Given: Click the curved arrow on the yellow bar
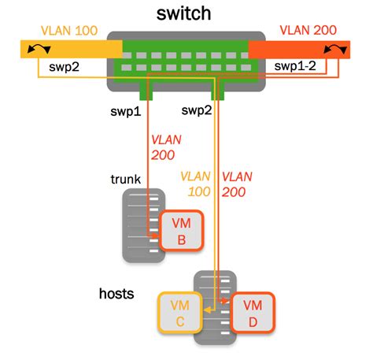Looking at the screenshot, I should (x=36, y=50).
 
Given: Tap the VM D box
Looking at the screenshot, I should (x=253, y=312).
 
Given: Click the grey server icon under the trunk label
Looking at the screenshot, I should (x=140, y=225).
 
